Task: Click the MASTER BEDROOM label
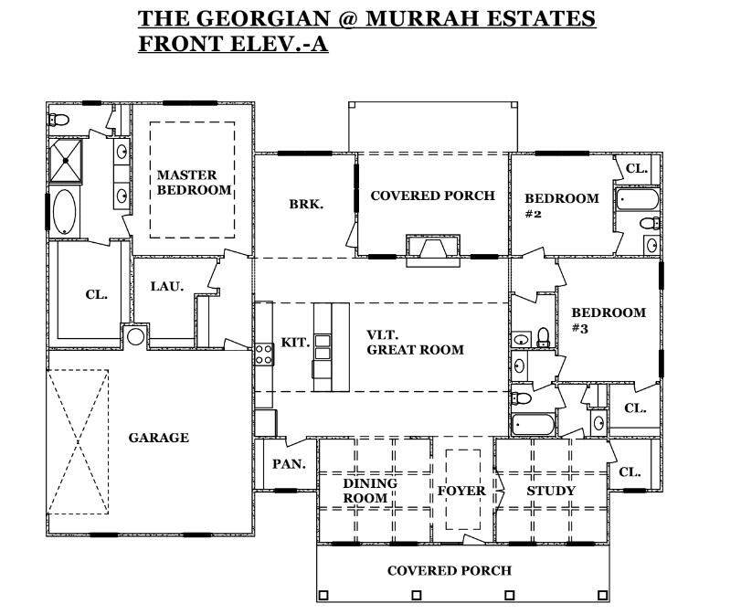[x=194, y=183]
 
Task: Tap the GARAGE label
[x=159, y=438]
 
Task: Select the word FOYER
[x=461, y=491]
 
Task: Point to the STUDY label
[x=551, y=491]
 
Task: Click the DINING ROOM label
[x=370, y=491]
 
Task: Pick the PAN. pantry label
[x=290, y=464]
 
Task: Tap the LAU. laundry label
[x=167, y=286]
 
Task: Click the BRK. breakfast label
[x=306, y=205]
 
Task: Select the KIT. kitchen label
[x=295, y=343]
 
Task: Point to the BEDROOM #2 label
[x=561, y=206]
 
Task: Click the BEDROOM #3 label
[x=609, y=320]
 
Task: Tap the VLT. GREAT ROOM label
[x=415, y=343]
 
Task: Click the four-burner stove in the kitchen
[x=264, y=354]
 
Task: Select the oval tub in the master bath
[x=65, y=211]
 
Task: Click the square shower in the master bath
[x=66, y=161]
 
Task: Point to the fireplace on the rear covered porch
[x=433, y=250]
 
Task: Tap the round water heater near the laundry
[x=135, y=336]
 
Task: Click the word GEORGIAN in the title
[x=262, y=18]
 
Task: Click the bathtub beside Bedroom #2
[x=637, y=199]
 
